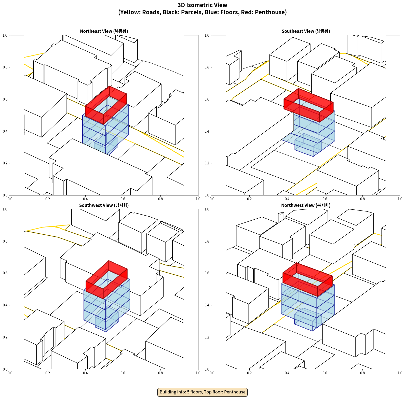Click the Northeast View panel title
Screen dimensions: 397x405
tap(104, 31)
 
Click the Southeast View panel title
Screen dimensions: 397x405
tap(306, 31)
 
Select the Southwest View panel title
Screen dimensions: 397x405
tap(104, 205)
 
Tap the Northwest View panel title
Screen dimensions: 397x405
tap(306, 205)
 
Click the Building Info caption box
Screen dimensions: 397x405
tap(202, 392)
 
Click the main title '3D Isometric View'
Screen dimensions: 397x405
tap(202, 5)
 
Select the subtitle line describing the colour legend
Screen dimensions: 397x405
tap(202, 12)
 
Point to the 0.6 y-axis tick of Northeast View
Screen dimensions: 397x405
tap(5, 99)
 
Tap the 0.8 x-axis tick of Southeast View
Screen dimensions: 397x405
tap(362, 199)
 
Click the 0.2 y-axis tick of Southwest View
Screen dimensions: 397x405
tap(5, 337)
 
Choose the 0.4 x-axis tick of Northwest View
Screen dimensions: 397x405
tap(287, 373)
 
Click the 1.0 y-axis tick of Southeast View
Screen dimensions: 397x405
tap(207, 35)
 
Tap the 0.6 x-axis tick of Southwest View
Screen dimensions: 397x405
tap(123, 373)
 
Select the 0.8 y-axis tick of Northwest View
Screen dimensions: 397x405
tap(207, 241)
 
